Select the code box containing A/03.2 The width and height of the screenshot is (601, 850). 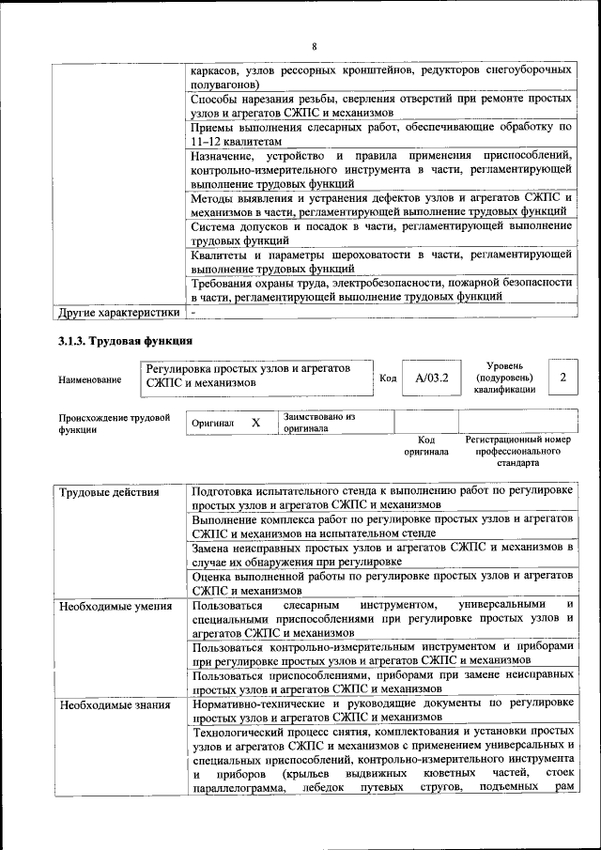pyautogui.click(x=432, y=379)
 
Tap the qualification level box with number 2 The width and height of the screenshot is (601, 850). pyautogui.click(x=562, y=377)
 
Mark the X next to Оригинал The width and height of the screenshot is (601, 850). pyautogui.click(x=255, y=424)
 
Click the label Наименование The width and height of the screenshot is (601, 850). pyautogui.click(x=89, y=379)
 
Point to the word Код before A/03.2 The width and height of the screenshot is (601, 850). pyautogui.click(x=388, y=379)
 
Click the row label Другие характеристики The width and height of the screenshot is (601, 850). pyautogui.click(x=118, y=312)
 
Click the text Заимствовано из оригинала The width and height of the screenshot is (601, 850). pyautogui.click(x=319, y=422)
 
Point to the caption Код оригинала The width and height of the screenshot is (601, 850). pyautogui.click(x=426, y=445)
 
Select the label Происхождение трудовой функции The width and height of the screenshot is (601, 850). pyautogui.click(x=114, y=423)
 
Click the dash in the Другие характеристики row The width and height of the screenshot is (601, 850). pyautogui.click(x=193, y=312)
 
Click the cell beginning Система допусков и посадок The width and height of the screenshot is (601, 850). pyautogui.click(x=380, y=233)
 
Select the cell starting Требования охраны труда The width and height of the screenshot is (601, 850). pyautogui.click(x=380, y=288)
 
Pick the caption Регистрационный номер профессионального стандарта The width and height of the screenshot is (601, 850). pyautogui.click(x=518, y=451)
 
